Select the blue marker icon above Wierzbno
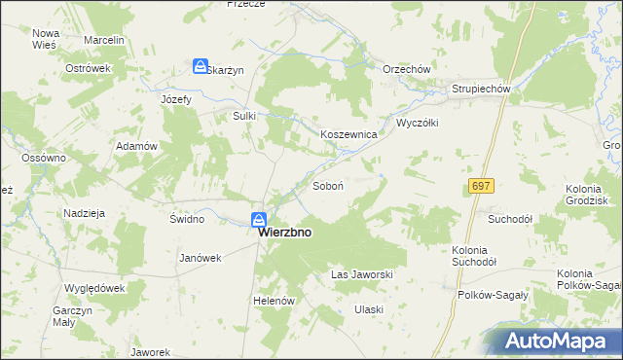[258, 220]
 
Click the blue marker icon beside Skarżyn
[200, 66]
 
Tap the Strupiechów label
[481, 90]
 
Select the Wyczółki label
[418, 124]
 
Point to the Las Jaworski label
[362, 275]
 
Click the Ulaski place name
[369, 309]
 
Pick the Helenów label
[274, 302]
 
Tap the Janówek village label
[202, 258]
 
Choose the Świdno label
[186, 219]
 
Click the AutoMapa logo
[558, 341]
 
